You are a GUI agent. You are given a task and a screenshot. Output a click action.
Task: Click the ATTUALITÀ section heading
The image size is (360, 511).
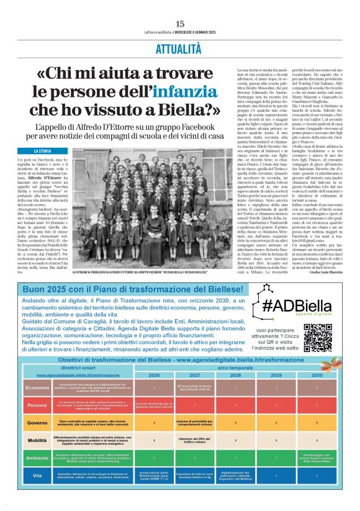[x=180, y=48]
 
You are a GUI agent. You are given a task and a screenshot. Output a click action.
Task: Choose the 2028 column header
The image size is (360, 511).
[x=236, y=376]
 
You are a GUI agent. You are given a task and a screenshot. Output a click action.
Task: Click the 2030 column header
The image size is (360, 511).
[x=317, y=376]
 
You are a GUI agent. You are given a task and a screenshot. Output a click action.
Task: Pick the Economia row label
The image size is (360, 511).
[x=38, y=387]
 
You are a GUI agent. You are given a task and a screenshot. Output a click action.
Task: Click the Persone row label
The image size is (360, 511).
[x=38, y=405]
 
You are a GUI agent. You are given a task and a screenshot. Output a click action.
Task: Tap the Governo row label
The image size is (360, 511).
[x=38, y=423]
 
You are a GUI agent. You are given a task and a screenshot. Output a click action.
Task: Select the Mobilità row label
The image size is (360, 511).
[x=38, y=440]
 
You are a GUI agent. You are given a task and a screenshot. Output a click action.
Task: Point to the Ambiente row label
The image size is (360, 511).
[x=38, y=458]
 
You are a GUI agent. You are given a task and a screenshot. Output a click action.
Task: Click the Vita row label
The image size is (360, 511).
[x=38, y=475]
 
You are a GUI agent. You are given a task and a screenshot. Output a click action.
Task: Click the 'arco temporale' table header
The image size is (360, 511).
[x=235, y=368]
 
